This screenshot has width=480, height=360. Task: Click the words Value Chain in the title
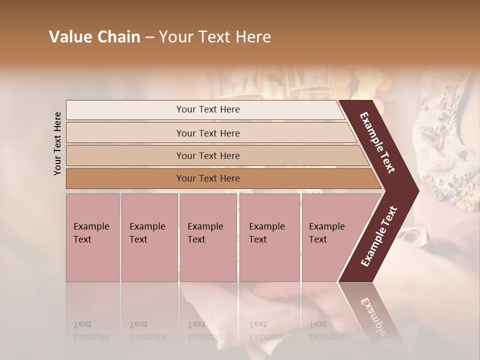94,37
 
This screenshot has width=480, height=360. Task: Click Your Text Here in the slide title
215,37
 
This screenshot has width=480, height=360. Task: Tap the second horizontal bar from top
208,133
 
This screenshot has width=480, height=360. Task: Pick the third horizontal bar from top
208,155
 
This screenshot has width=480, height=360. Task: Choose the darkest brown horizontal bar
208,178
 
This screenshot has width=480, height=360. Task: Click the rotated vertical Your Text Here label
57,143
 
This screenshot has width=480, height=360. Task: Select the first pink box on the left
92,237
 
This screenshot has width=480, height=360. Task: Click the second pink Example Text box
149,237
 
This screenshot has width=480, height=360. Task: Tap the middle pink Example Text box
208,237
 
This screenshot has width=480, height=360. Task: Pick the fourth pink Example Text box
269,237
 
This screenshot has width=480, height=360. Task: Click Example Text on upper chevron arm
377,142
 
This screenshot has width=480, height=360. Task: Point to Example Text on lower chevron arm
379,236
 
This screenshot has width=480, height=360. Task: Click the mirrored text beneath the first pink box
91,330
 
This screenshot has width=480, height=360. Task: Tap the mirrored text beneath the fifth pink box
326,330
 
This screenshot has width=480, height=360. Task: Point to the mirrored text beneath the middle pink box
205,330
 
